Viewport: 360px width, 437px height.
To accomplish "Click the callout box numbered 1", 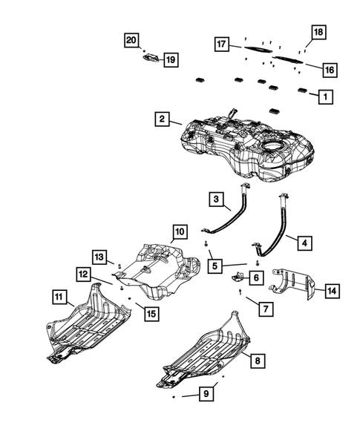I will [324, 96].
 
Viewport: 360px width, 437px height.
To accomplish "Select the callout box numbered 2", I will [161, 118].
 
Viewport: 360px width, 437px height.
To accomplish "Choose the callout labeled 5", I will [215, 263].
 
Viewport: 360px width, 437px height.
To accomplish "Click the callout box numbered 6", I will [256, 277].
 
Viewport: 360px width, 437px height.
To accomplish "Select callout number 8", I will [257, 361].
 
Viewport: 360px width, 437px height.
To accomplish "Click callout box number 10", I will [180, 232].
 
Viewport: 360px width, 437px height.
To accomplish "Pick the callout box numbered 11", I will [59, 299].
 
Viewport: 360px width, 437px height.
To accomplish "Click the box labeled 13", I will [99, 256].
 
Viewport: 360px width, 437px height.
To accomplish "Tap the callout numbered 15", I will [151, 314].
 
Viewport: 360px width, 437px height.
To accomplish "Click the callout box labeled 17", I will [221, 44].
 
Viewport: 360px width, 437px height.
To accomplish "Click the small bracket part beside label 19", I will [147, 57].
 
